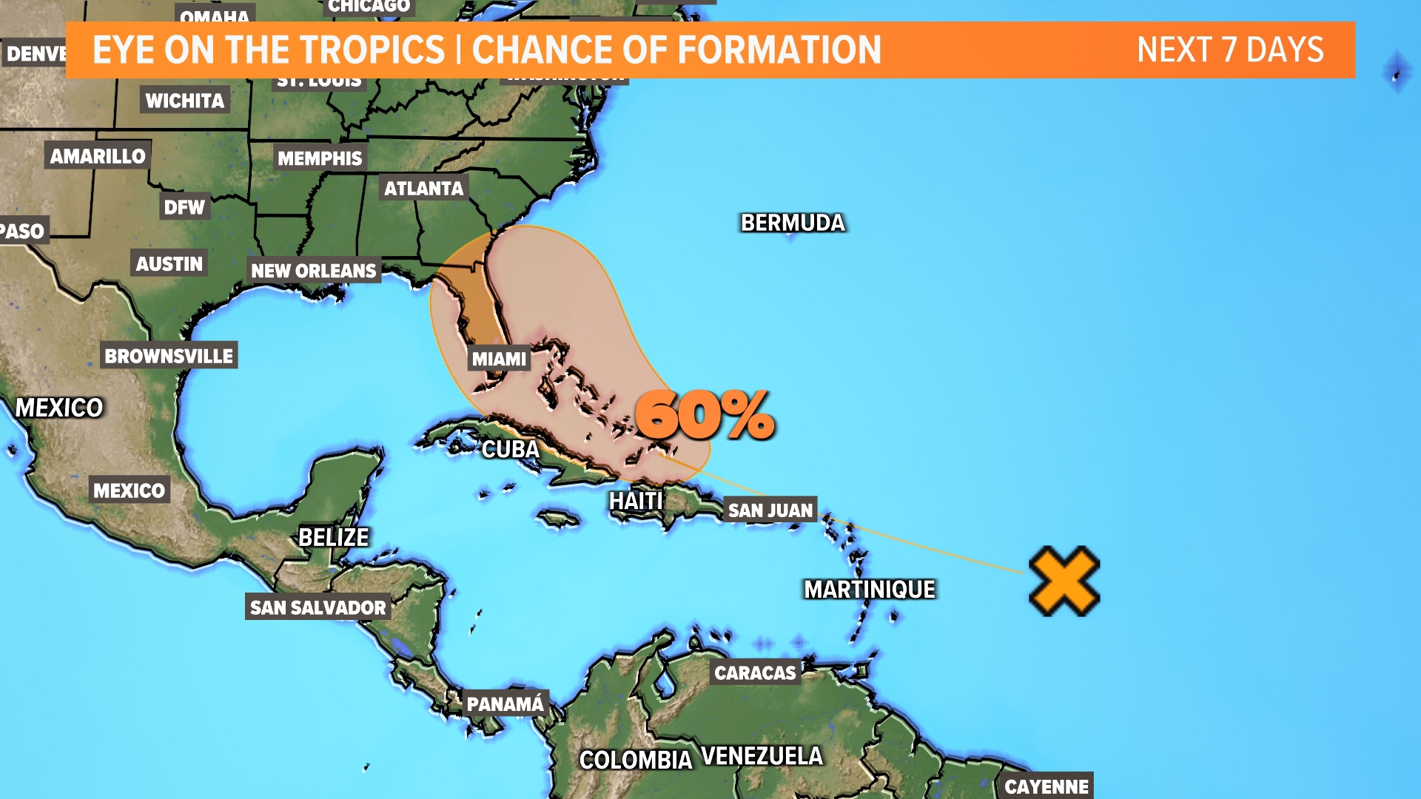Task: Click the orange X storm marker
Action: tap(1064, 581)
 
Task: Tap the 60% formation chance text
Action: tap(705, 416)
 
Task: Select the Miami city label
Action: tap(500, 360)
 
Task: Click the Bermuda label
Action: tap(793, 223)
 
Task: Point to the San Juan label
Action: tap(770, 510)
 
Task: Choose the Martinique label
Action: tap(870, 590)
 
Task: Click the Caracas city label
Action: tap(755, 672)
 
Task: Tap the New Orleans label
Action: tap(314, 271)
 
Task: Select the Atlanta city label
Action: tap(423, 189)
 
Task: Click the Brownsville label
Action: tap(169, 356)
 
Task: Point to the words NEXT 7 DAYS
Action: tap(1230, 50)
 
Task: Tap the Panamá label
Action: tap(505, 704)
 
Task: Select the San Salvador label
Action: tap(318, 607)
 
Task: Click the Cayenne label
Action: tap(1046, 786)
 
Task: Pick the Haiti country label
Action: tap(636, 502)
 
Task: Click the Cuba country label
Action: tap(511, 449)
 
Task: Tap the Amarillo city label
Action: tap(98, 156)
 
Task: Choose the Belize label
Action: tap(333, 537)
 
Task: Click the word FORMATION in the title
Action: tap(779, 50)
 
